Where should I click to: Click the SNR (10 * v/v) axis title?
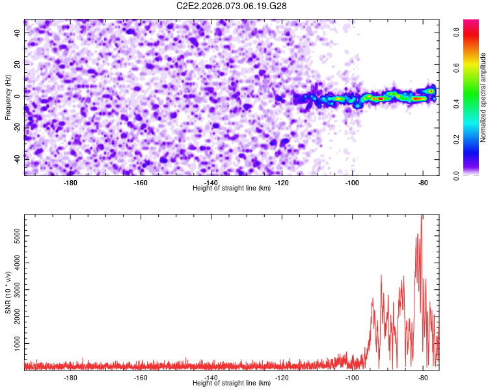tap(8, 292)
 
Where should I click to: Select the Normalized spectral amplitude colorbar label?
tap(483, 97)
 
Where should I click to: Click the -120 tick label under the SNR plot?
tap(282, 377)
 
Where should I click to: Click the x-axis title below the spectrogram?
tap(232, 188)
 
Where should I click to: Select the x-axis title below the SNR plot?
tap(232, 383)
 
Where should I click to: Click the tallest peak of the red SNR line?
tap(422, 216)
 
